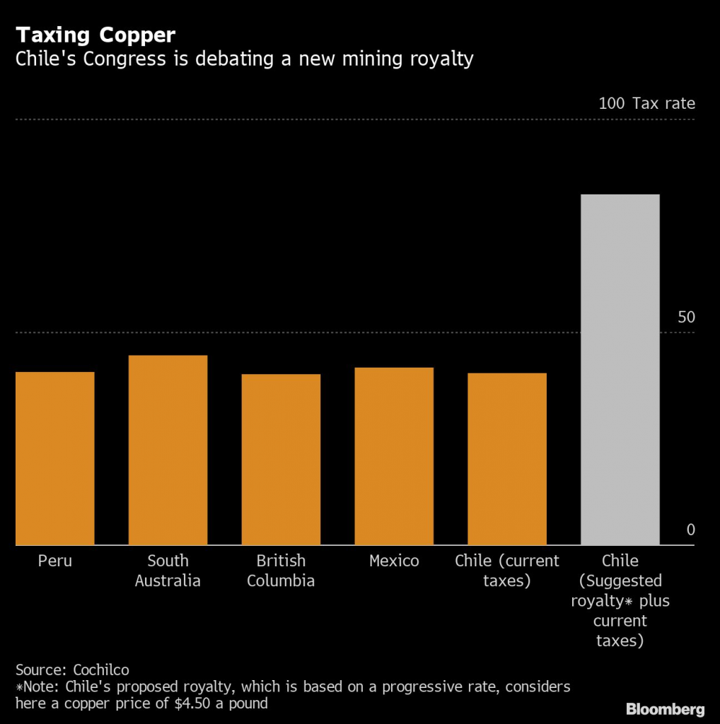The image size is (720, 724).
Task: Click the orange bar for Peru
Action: [x=54, y=458]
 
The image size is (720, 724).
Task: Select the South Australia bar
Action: [x=168, y=450]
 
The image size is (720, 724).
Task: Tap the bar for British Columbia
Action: [x=281, y=460]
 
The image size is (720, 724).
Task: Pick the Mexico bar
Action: [x=394, y=456]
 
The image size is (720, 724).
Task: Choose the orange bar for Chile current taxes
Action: [x=507, y=459]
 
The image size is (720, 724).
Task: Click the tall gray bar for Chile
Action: [x=620, y=369]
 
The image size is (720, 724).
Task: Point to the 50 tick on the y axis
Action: [x=686, y=317]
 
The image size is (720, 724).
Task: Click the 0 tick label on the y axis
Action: [x=691, y=530]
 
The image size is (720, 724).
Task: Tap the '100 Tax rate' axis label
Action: [x=646, y=103]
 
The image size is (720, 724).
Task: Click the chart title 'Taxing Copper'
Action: [x=96, y=35]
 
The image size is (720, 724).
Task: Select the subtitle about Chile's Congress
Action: [x=244, y=59]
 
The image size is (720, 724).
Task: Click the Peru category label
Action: [x=54, y=561]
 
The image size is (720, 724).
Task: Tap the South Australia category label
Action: [x=168, y=571]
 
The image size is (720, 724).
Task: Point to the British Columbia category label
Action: [x=281, y=571]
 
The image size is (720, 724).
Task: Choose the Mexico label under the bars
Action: [x=394, y=561]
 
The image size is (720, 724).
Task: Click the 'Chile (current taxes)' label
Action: [x=507, y=571]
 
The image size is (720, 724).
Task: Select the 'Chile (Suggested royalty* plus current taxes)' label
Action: [x=620, y=601]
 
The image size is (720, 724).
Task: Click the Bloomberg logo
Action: [x=665, y=708]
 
